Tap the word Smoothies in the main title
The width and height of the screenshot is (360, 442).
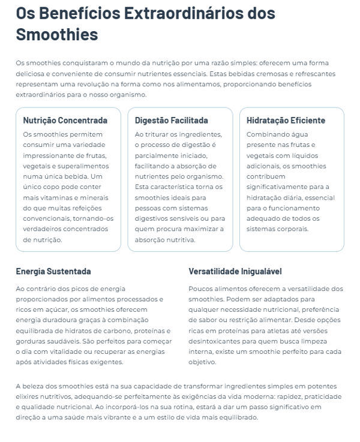56,34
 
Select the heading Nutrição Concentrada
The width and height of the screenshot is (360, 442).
65,121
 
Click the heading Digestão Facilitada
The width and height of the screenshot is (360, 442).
172,121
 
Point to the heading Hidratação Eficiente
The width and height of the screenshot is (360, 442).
286,121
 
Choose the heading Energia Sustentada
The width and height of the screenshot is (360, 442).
53,271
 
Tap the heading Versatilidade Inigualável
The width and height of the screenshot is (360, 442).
235,271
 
